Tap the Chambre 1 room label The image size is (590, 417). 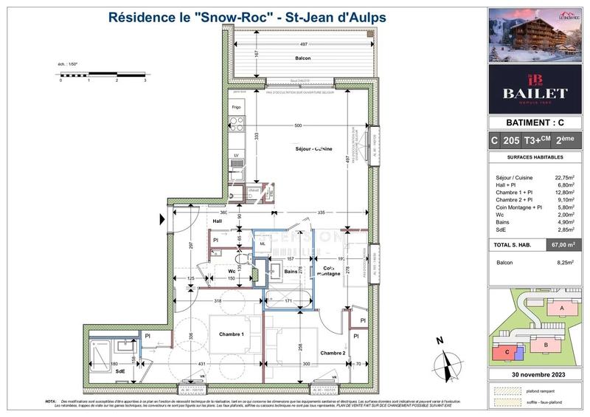[232, 335]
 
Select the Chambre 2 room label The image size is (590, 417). [333, 354]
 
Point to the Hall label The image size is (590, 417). [218, 221]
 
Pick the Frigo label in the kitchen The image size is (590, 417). [236, 108]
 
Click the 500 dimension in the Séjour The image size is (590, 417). [297, 126]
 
